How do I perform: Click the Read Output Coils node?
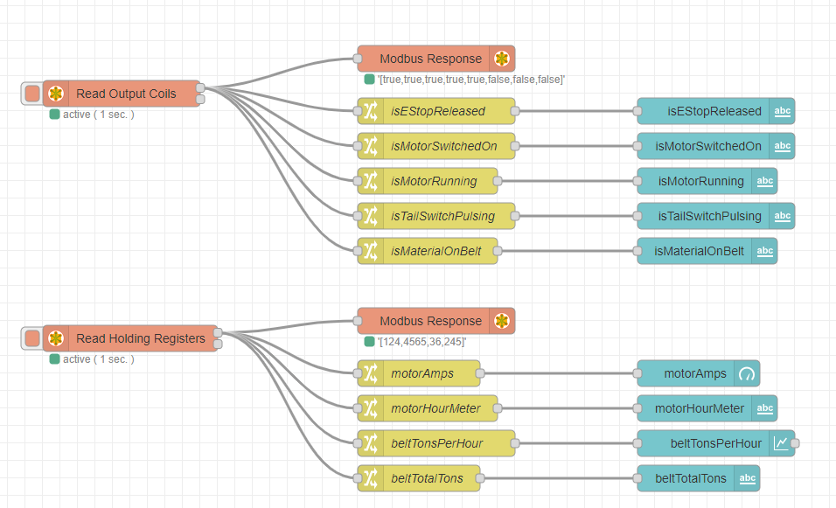point(125,94)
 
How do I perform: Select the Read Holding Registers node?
point(140,338)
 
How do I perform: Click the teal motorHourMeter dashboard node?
point(699,408)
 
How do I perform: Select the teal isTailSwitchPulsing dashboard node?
point(707,216)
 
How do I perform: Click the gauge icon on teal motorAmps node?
point(747,373)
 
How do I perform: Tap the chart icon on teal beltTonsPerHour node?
point(782,443)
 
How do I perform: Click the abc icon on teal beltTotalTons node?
point(747,478)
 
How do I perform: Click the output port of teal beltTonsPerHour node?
point(795,443)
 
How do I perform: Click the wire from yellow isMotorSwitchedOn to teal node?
point(577,146)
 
